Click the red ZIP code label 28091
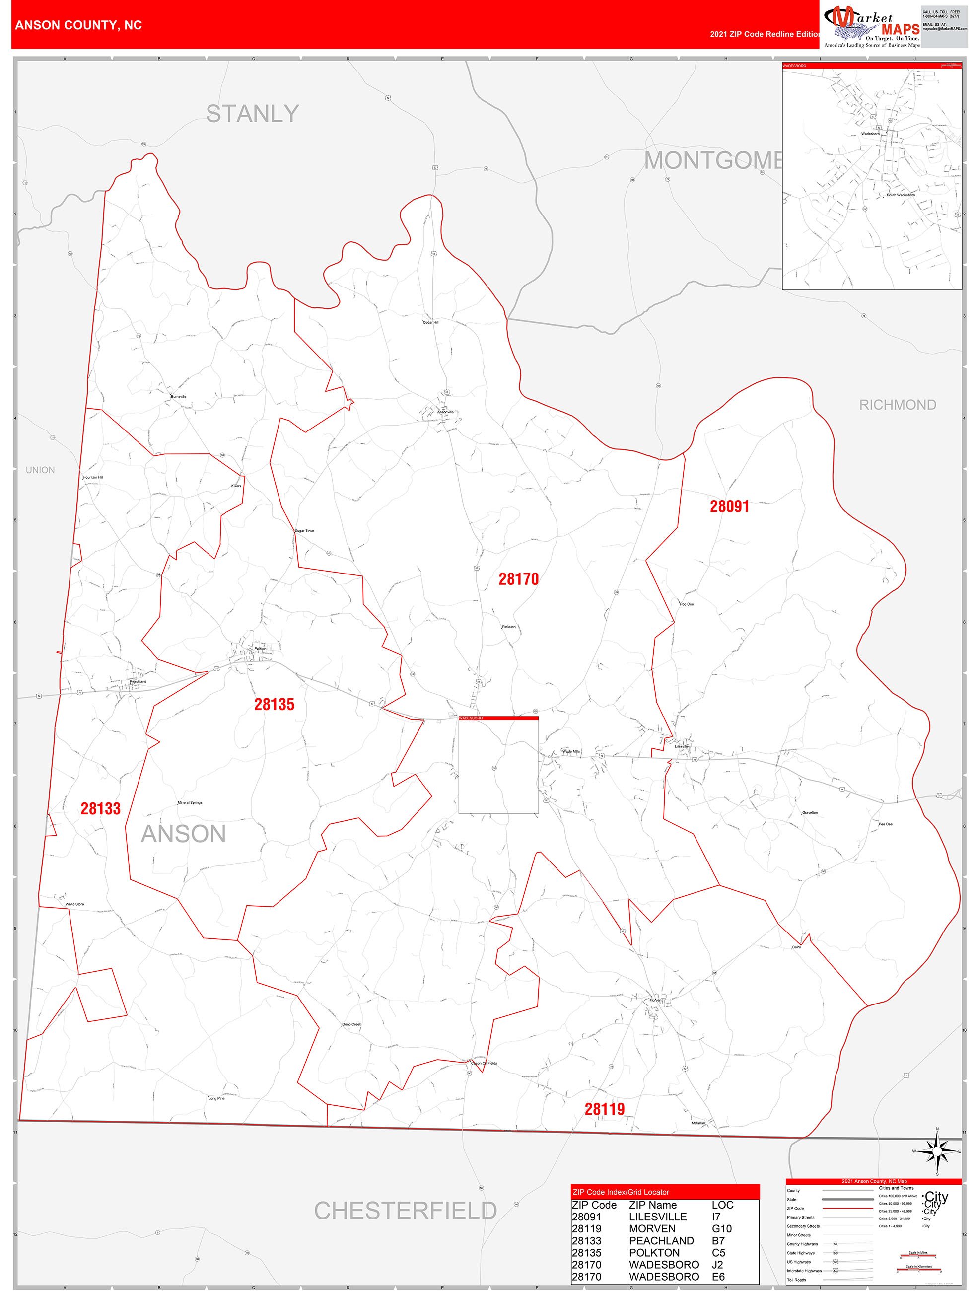pyautogui.click(x=729, y=506)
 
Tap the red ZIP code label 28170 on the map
pyautogui.click(x=518, y=579)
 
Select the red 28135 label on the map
pyautogui.click(x=274, y=705)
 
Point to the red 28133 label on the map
pyautogui.click(x=100, y=809)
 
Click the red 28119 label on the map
pyautogui.click(x=605, y=1109)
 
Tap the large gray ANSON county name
pyautogui.click(x=183, y=834)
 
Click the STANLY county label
pyautogui.click(x=252, y=114)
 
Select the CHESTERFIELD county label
pyautogui.click(x=405, y=1211)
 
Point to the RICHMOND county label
pyautogui.click(x=897, y=405)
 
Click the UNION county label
pyautogui.click(x=40, y=470)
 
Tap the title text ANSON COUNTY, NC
pyautogui.click(x=79, y=25)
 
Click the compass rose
pyautogui.click(x=937, y=1151)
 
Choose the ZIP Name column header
pyautogui.click(x=652, y=1205)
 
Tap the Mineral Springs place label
pyautogui.click(x=190, y=803)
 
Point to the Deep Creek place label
pyautogui.click(x=351, y=1024)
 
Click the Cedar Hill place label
pyautogui.click(x=430, y=322)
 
